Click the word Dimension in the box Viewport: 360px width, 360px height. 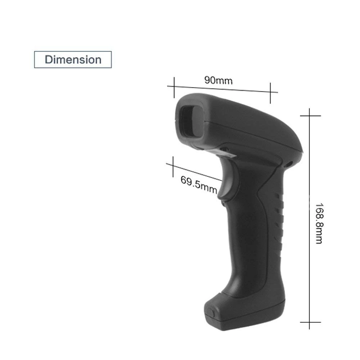pos(73,60)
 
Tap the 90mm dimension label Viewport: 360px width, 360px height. pos(219,80)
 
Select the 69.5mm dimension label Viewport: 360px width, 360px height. pos(199,185)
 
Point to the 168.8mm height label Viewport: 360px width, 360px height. pos(319,224)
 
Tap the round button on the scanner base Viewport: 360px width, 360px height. pos(211,313)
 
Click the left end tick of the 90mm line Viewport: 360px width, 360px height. pos(174,87)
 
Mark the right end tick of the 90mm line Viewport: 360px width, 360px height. pos(270,93)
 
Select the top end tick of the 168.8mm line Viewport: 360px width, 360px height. pos(310,116)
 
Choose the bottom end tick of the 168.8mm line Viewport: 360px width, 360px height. pos(310,322)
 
